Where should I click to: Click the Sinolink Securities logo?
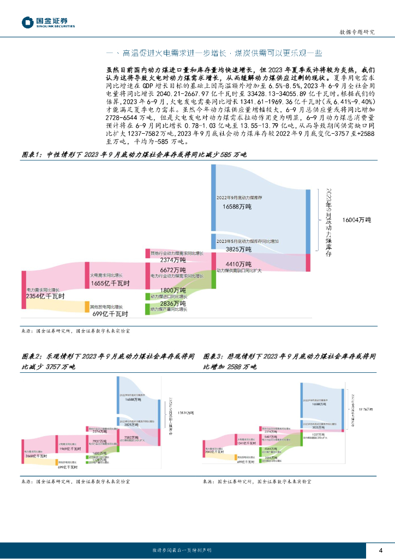click(x=48, y=22)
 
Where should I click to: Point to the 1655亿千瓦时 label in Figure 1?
click(x=110, y=283)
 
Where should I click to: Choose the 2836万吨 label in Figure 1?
click(x=173, y=303)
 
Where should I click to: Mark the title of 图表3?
click(x=289, y=361)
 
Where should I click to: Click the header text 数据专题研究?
click(x=357, y=32)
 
